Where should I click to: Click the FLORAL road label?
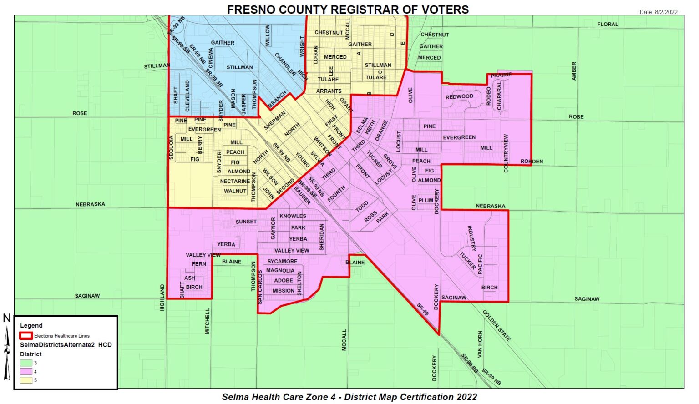(x=608, y=24)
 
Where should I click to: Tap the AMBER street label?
(x=574, y=71)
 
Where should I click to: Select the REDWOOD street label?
(x=459, y=96)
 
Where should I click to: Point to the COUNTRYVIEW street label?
(x=506, y=153)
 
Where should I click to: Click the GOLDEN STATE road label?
(x=496, y=325)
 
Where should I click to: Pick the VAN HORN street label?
(x=480, y=344)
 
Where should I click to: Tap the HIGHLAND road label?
(x=162, y=298)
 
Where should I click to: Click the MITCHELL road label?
(x=208, y=321)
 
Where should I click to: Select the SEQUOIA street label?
(x=172, y=147)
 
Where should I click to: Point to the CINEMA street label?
(x=211, y=58)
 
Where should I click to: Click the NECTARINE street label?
(x=235, y=181)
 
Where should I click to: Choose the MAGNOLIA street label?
(x=280, y=270)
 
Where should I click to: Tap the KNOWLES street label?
(x=293, y=216)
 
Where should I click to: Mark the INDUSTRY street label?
(x=471, y=238)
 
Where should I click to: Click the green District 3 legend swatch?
(x=26, y=363)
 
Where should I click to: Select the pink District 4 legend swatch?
(x=26, y=372)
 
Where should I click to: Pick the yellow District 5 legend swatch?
(x=26, y=380)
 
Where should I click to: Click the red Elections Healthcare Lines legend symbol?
(x=26, y=336)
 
